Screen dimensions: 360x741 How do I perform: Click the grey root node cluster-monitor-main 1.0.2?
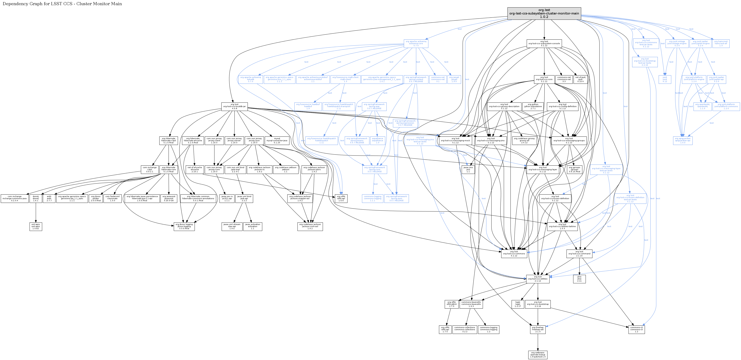coord(544,13)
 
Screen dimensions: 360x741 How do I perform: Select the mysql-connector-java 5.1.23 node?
coord(277,141)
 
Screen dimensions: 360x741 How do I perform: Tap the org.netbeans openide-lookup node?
coord(538,354)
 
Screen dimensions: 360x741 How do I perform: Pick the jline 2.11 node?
coord(579,279)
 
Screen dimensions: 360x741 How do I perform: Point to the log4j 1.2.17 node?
coord(517,304)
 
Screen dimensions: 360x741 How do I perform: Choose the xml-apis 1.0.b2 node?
coord(36,226)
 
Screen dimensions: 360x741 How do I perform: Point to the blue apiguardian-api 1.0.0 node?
coord(683,141)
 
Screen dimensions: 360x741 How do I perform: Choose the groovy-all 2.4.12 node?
coord(524,141)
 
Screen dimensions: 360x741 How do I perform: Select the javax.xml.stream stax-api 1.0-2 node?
coord(232,226)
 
